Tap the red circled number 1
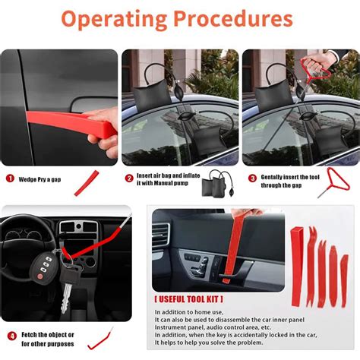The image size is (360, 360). pyautogui.click(x=11, y=178)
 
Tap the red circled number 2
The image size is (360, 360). pyautogui.click(x=130, y=178)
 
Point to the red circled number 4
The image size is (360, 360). pyautogui.click(x=11, y=336)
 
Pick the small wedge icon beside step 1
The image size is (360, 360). pyautogui.click(x=92, y=182)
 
